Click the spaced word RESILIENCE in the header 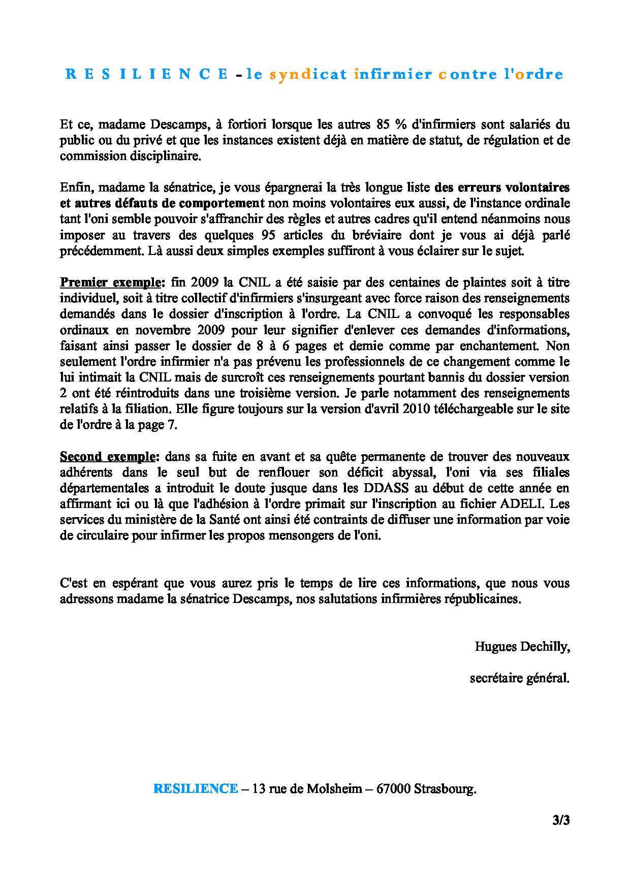click(x=147, y=74)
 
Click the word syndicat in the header click(x=308, y=74)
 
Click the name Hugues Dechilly click(x=522, y=647)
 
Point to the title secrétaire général click(x=519, y=678)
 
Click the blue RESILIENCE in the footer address click(x=196, y=789)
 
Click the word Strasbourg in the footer click(x=445, y=789)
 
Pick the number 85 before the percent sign click(x=383, y=124)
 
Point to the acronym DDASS click(x=386, y=488)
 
